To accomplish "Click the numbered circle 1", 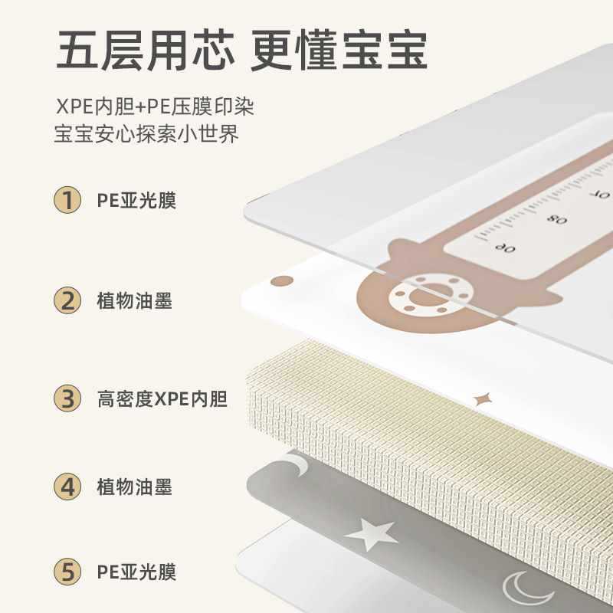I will pos(68,201).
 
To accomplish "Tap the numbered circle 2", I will pos(68,300).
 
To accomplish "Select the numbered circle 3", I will pos(68,398).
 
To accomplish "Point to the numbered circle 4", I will pos(68,486).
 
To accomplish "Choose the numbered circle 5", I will pos(68,572).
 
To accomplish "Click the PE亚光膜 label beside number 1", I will pos(136,202).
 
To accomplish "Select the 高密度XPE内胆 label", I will pos(162,399).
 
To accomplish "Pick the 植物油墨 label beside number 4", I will pos(134,487).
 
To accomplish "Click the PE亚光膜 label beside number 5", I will pos(136,572).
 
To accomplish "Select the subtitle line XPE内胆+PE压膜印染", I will pos(154,107).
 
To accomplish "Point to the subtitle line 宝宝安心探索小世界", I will pos(146,135).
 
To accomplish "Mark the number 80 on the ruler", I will pos(557,219).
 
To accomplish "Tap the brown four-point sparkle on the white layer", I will pos(484,398).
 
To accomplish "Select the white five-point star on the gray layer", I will pos(371,533).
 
